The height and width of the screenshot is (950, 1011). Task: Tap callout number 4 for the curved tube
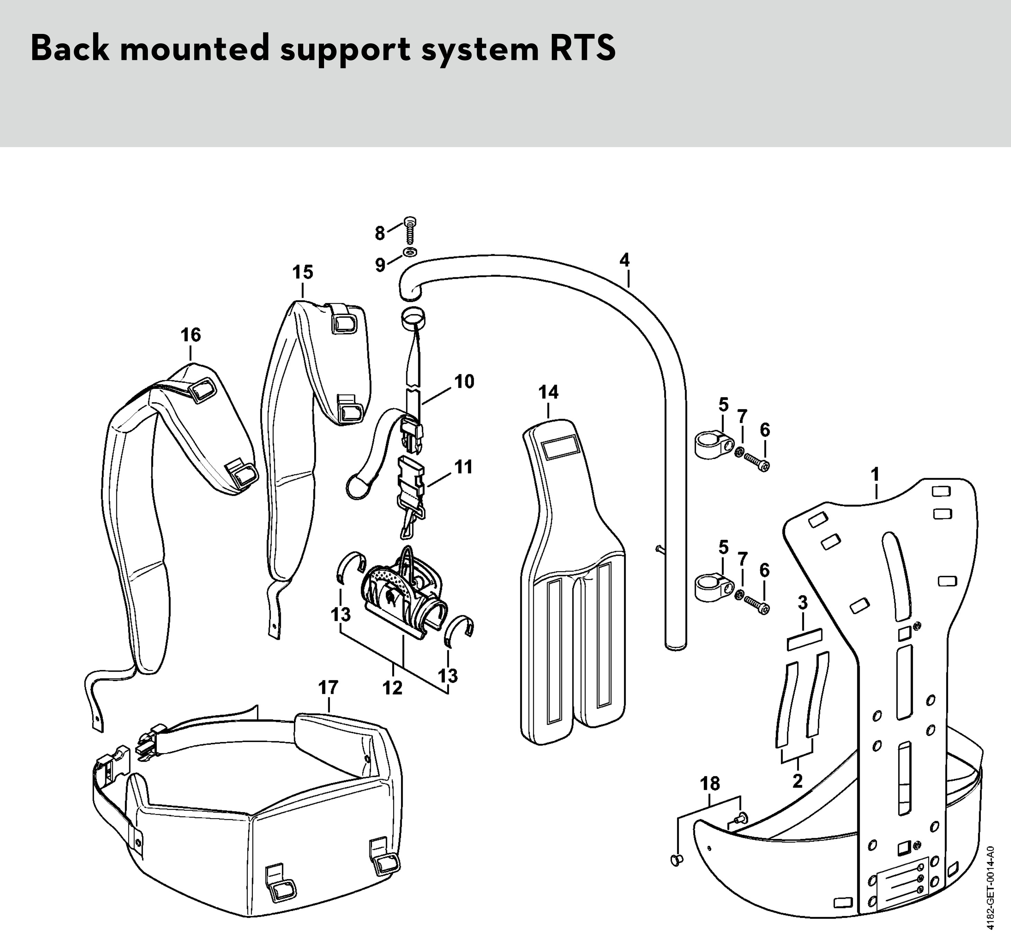(625, 260)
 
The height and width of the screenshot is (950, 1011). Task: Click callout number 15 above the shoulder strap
(303, 272)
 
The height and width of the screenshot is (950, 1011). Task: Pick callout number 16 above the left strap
(191, 335)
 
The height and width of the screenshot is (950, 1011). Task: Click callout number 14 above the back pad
(548, 392)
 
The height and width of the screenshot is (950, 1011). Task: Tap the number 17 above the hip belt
(328, 688)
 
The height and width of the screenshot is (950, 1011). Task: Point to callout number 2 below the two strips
(797, 781)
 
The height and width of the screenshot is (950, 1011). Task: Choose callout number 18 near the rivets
(710, 784)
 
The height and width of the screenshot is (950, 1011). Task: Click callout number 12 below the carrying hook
(393, 688)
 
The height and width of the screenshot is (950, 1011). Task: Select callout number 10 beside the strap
(464, 382)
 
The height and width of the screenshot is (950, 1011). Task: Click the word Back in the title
(70, 49)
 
